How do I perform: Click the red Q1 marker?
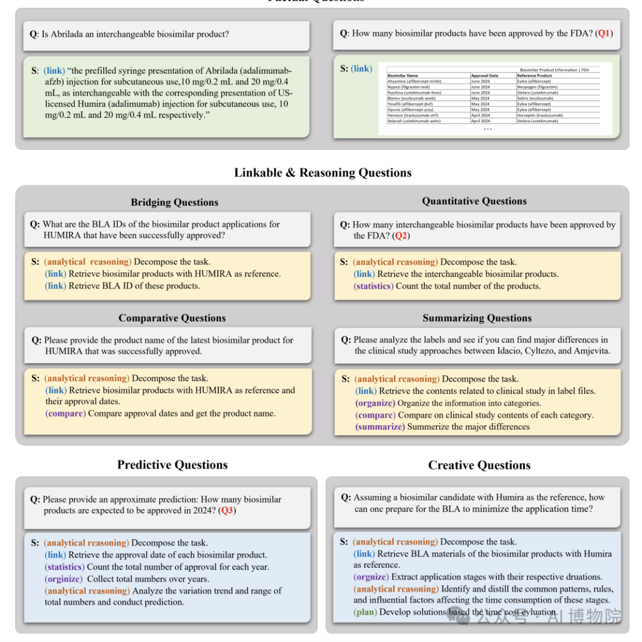pyautogui.click(x=603, y=34)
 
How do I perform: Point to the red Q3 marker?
pyautogui.click(x=226, y=511)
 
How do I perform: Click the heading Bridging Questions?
pyautogui.click(x=174, y=202)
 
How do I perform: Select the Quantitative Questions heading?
pyautogui.click(x=474, y=202)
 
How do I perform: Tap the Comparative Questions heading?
pyautogui.click(x=172, y=318)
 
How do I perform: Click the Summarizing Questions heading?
pyautogui.click(x=477, y=318)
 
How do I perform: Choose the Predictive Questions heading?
pyautogui.click(x=172, y=465)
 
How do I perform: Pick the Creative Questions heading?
pyautogui.click(x=479, y=465)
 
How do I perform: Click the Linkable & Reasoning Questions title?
pyautogui.click(x=322, y=173)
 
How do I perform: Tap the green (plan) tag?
pyautogui.click(x=365, y=612)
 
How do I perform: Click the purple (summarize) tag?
pyautogui.click(x=380, y=427)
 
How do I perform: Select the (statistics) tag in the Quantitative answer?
pyautogui.click(x=373, y=286)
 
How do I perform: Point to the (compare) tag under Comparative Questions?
pyautogui.click(x=65, y=414)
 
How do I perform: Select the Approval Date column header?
pyautogui.click(x=484, y=76)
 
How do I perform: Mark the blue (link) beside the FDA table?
pyautogui.click(x=361, y=68)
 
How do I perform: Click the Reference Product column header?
pyautogui.click(x=534, y=76)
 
